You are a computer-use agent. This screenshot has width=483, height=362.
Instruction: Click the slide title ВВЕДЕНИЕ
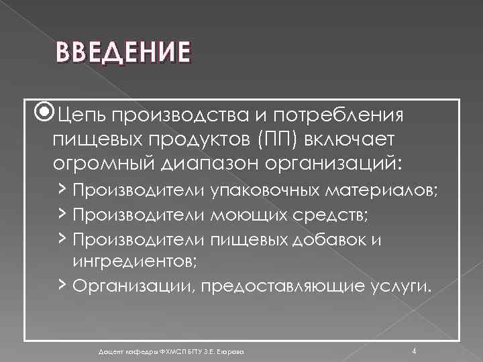[x=123, y=52]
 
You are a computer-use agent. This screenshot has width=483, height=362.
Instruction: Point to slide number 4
[x=414, y=351]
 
